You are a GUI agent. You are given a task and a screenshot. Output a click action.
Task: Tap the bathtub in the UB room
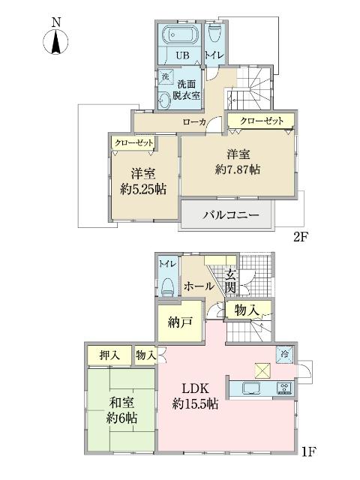[x=178, y=36]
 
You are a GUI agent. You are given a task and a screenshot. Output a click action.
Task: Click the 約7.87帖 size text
[x=238, y=170]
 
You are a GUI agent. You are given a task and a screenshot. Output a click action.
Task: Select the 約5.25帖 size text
[x=142, y=188]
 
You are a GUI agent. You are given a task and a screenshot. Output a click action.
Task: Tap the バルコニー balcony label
[x=231, y=215]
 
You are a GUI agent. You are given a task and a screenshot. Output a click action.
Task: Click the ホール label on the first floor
[x=197, y=286]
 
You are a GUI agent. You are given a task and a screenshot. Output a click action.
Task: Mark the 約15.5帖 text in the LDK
[x=195, y=404]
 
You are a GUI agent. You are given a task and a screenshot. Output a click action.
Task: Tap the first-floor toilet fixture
[x=167, y=286]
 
